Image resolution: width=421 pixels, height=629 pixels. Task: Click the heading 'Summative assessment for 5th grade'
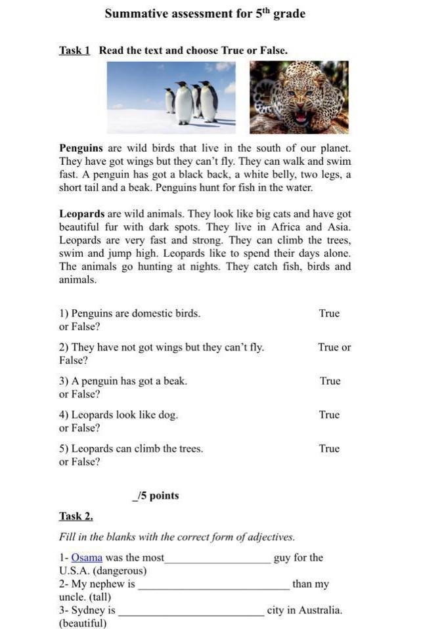[205, 14]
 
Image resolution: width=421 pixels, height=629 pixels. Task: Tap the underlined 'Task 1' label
[74, 51]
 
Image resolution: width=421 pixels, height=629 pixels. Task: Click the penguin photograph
[171, 97]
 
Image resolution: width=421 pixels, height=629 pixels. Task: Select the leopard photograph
[299, 97]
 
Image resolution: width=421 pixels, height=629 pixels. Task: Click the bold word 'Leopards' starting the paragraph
[82, 214]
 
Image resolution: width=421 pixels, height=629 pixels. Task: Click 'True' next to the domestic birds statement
[329, 313]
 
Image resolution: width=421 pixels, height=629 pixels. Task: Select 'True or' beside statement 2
[334, 347]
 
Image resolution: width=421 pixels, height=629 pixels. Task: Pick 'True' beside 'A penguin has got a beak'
[330, 381]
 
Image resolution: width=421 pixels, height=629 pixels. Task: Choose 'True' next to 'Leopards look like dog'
[329, 415]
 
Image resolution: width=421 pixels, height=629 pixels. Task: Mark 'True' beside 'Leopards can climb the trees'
[329, 449]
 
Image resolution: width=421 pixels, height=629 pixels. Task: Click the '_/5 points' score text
[156, 496]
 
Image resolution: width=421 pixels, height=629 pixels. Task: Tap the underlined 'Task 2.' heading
[76, 516]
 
